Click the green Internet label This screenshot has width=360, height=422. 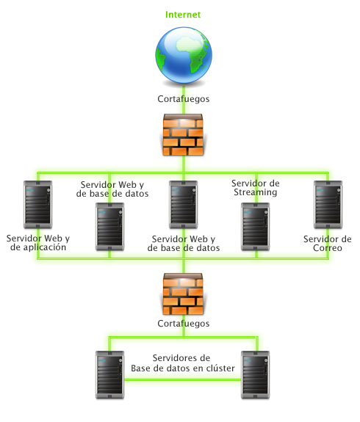click(183, 15)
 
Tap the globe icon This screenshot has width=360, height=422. click(184, 55)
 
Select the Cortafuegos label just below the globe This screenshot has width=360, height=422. click(184, 99)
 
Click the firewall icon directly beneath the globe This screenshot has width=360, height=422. click(183, 134)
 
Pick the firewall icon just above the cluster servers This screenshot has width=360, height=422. click(183, 294)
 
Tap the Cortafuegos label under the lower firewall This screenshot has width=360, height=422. click(184, 324)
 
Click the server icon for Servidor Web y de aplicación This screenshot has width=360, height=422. click(38, 205)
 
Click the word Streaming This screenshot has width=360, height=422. click(256, 192)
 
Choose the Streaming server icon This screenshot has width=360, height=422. click(256, 227)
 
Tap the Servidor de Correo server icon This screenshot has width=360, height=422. click(328, 205)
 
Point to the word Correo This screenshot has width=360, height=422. click(328, 248)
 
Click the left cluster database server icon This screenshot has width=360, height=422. click(110, 375)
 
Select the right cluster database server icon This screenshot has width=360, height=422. click(256, 375)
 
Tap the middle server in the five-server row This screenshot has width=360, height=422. click(184, 205)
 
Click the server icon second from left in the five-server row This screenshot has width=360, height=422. click(110, 227)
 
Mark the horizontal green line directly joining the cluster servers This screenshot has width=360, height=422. click(183, 380)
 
